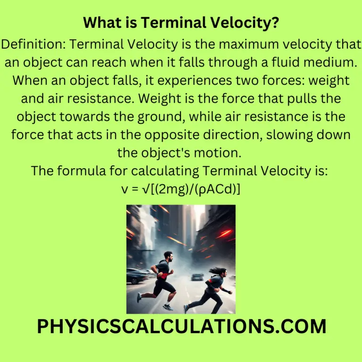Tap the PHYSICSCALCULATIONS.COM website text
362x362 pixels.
tap(181, 327)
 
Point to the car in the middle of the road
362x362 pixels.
tap(198, 277)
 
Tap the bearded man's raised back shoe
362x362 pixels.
tap(139, 297)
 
